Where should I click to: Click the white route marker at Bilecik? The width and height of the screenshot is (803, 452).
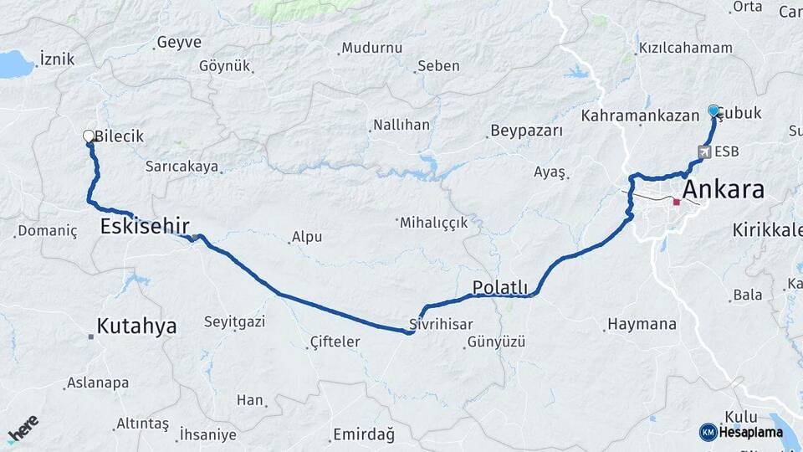[89, 136]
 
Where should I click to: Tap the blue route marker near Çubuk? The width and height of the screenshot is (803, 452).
[713, 110]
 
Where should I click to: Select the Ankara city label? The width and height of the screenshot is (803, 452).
[724, 189]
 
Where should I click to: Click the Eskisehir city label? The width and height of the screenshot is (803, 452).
[145, 225]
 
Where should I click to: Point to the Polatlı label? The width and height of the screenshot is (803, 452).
[500, 287]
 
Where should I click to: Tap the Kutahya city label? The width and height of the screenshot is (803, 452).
[136, 326]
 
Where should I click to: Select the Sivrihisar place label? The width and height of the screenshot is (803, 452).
[442, 324]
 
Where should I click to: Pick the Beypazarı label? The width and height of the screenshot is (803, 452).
[527, 131]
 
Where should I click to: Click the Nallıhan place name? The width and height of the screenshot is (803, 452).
[401, 125]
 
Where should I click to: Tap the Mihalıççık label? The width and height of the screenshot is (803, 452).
[433, 223]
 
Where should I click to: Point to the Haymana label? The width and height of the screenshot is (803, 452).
[642, 323]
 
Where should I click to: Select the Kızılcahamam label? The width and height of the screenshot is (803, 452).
[685, 48]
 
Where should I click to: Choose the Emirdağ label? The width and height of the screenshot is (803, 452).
[364, 434]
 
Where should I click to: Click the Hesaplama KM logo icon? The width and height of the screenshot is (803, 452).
[708, 432]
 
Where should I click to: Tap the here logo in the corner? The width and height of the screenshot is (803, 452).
[23, 428]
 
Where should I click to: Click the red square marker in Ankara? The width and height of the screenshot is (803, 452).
[676, 202]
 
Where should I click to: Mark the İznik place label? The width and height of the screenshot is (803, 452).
[57, 59]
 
